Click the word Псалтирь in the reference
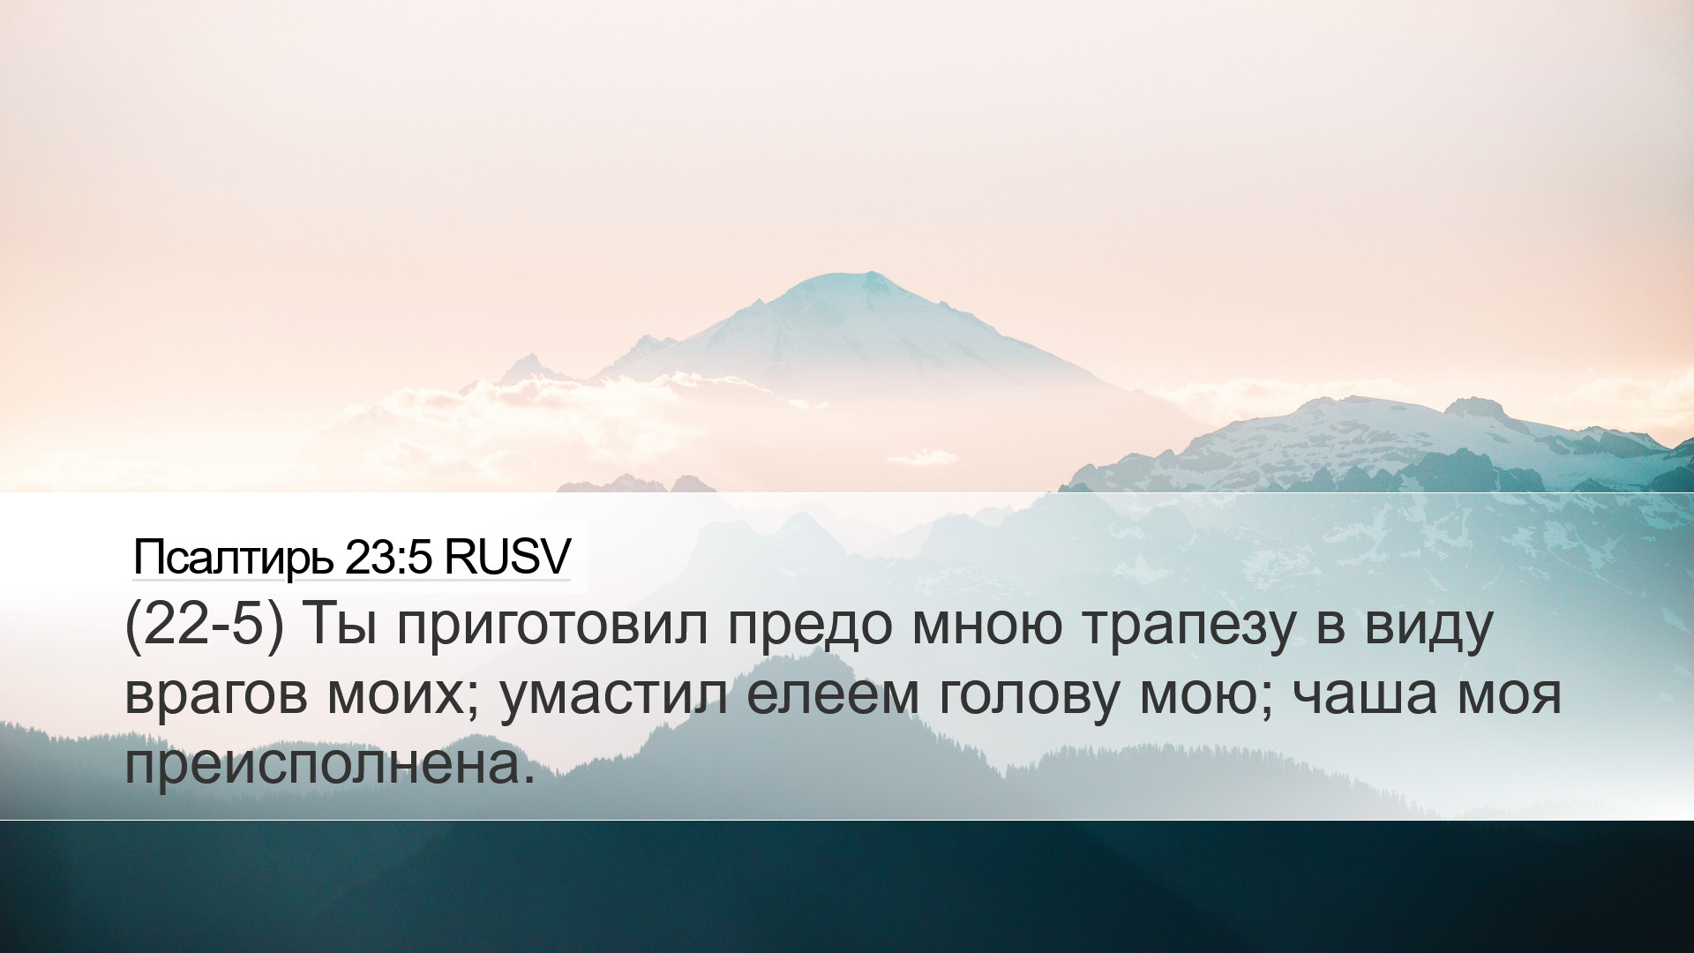(x=233, y=558)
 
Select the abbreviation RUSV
(x=507, y=557)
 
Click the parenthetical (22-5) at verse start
(x=206, y=625)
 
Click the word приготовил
(x=552, y=628)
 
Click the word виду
(x=1428, y=627)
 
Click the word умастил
(x=614, y=698)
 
